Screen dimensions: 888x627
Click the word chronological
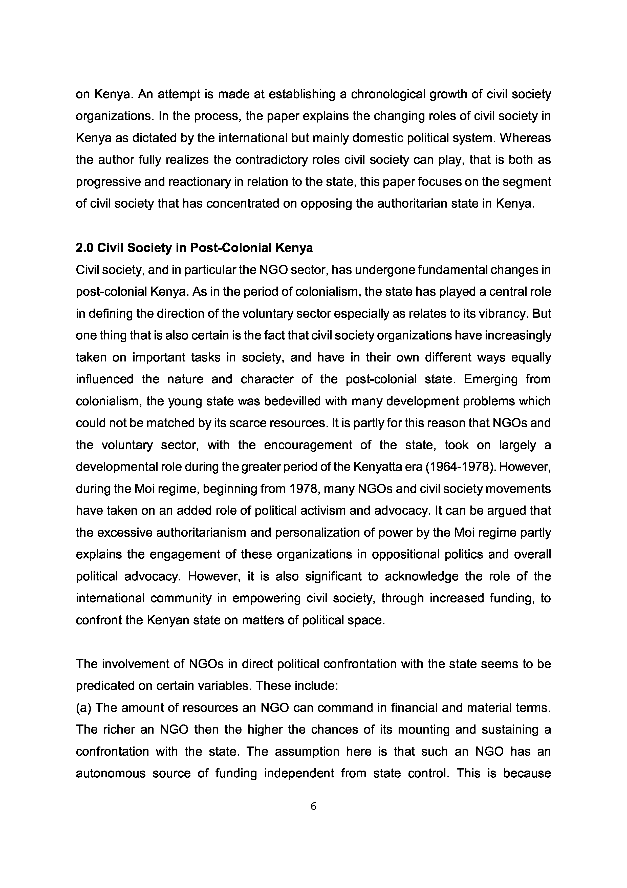click(x=388, y=94)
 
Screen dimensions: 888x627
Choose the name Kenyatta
click(x=376, y=467)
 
